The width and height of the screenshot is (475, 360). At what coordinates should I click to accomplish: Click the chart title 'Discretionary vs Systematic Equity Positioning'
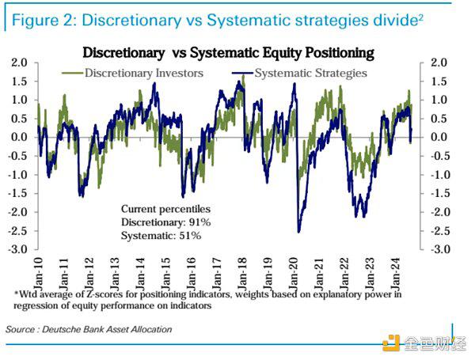click(x=228, y=53)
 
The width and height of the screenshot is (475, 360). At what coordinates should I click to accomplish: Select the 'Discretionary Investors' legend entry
click(x=143, y=74)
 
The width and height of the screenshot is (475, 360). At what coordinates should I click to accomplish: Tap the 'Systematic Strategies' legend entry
click(x=313, y=74)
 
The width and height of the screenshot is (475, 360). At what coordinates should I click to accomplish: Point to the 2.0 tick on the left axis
click(x=20, y=63)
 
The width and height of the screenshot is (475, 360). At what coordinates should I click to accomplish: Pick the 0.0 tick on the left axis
click(x=20, y=137)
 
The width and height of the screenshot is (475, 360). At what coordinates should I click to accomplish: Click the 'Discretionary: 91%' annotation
click(x=165, y=222)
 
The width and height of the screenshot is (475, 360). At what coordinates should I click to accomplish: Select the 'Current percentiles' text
click(x=165, y=209)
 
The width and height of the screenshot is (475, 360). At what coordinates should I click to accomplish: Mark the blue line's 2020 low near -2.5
click(x=299, y=231)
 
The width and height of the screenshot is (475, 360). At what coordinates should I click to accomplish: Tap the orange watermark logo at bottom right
click(x=390, y=342)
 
